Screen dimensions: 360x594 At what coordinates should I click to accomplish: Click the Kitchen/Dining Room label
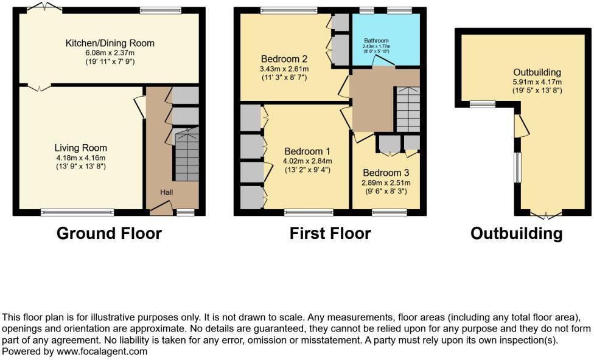[110, 43]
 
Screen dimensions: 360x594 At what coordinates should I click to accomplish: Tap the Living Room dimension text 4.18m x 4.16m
[80, 157]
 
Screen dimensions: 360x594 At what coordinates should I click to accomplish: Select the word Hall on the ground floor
[167, 192]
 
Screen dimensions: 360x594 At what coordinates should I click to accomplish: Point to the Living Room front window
[77, 212]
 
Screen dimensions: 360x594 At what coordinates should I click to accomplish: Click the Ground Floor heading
[109, 234]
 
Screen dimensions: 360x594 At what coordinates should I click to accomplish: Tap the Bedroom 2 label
[284, 59]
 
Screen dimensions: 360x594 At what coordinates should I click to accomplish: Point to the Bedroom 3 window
[385, 212]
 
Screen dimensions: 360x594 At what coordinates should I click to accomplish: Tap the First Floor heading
[330, 234]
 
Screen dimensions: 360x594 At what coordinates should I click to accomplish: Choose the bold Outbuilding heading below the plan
[516, 234]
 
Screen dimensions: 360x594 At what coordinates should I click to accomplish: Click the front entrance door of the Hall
[160, 209]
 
